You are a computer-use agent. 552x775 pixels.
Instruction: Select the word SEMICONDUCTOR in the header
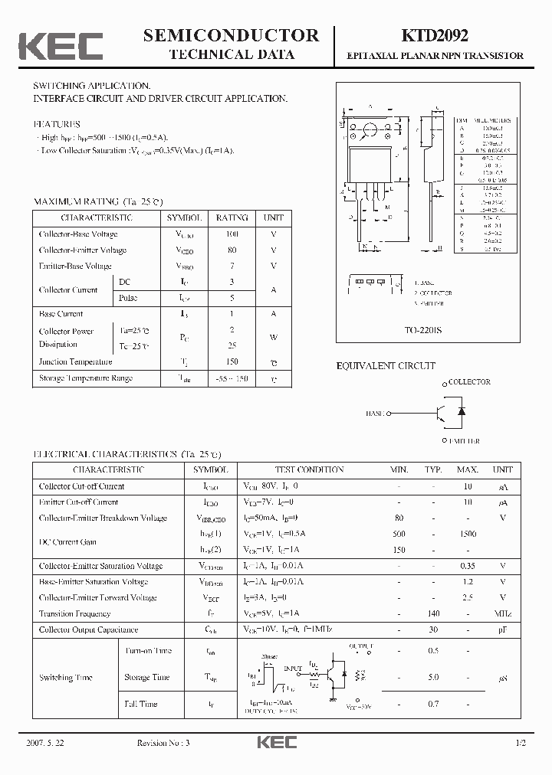232,35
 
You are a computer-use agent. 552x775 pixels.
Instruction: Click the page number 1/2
521,744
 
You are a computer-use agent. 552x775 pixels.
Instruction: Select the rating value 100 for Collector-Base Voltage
232,234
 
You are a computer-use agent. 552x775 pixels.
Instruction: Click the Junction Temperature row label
76,361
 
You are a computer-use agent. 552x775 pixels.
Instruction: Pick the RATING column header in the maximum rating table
232,217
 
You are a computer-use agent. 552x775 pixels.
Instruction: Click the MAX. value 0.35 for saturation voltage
467,566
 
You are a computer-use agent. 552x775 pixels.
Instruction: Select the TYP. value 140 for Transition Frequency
433,613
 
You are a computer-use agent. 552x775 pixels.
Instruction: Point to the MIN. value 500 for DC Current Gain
399,534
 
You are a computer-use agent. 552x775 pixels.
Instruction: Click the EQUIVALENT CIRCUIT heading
386,366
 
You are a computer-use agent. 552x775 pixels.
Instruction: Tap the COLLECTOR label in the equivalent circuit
468,381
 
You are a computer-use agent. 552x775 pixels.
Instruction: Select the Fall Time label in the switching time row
141,704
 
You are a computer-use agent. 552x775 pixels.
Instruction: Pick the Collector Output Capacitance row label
89,629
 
